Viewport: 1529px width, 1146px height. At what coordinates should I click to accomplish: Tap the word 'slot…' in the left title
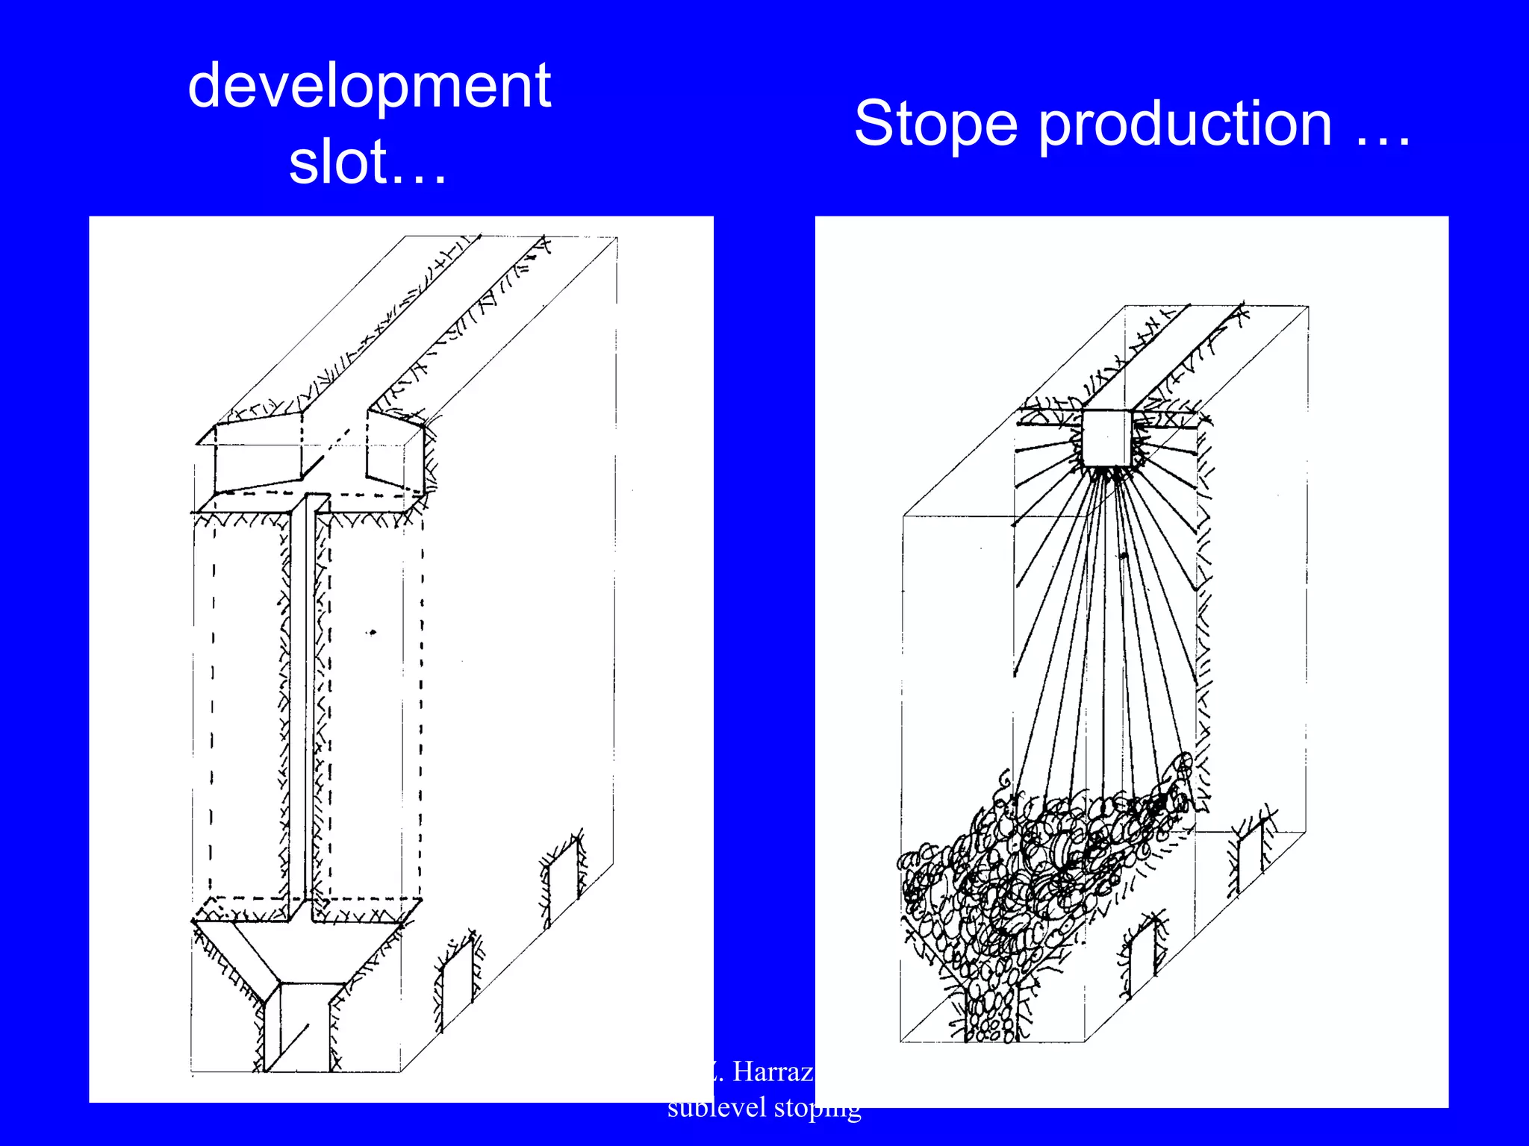[367, 163]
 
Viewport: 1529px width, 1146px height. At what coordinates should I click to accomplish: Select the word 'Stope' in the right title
[935, 124]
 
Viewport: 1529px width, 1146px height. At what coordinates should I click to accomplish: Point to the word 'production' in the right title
[1185, 124]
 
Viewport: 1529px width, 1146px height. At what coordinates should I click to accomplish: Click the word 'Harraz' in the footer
[772, 1072]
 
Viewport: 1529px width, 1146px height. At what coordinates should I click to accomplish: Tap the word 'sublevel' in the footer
[716, 1107]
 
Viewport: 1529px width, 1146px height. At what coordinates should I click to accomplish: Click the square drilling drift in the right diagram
[1107, 437]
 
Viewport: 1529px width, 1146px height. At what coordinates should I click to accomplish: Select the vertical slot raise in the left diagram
[306, 701]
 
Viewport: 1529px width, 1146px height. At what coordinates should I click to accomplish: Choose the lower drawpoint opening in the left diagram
[457, 985]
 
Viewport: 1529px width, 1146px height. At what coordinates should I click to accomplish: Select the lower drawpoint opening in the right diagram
[1142, 962]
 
